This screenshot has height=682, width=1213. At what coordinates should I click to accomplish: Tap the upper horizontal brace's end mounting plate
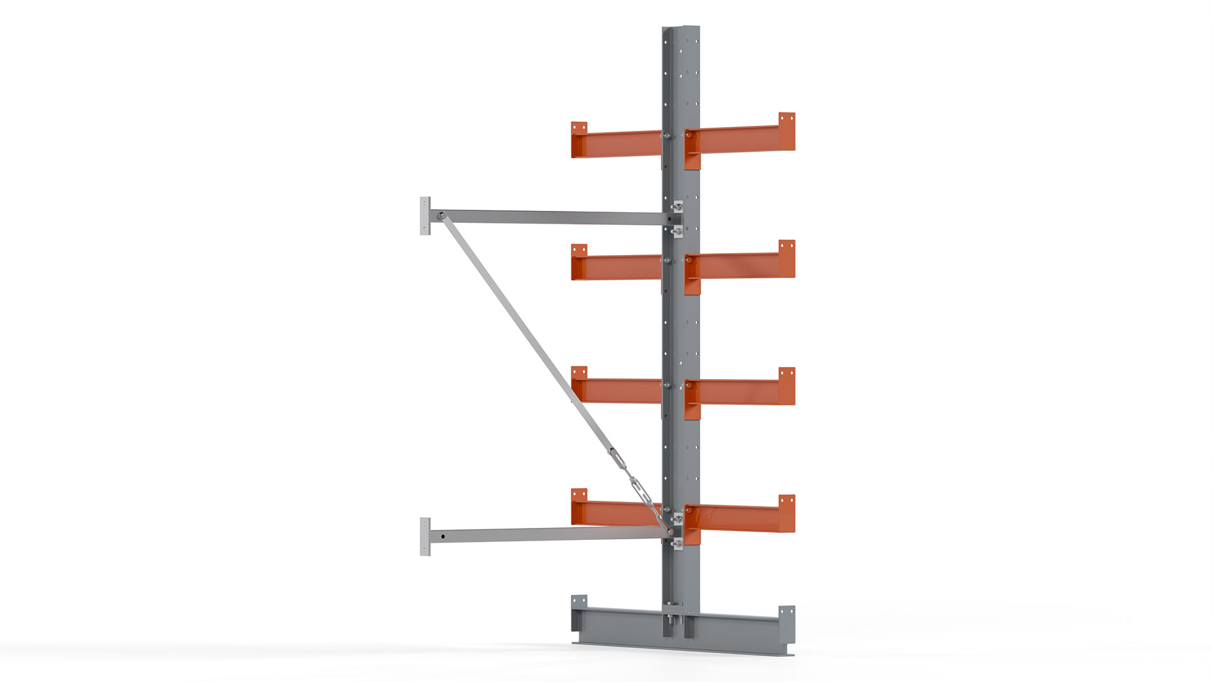[x=425, y=216]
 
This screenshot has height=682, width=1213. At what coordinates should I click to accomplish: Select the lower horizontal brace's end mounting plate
[x=425, y=537]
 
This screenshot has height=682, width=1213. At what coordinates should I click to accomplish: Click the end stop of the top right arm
[x=787, y=131]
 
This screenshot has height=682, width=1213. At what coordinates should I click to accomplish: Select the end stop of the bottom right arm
[x=787, y=513]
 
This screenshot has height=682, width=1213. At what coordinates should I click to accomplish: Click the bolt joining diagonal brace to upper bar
[x=442, y=216]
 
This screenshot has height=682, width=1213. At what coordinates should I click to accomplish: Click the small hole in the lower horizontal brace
[x=443, y=537]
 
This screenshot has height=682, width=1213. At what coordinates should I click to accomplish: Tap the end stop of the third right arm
[x=787, y=385]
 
